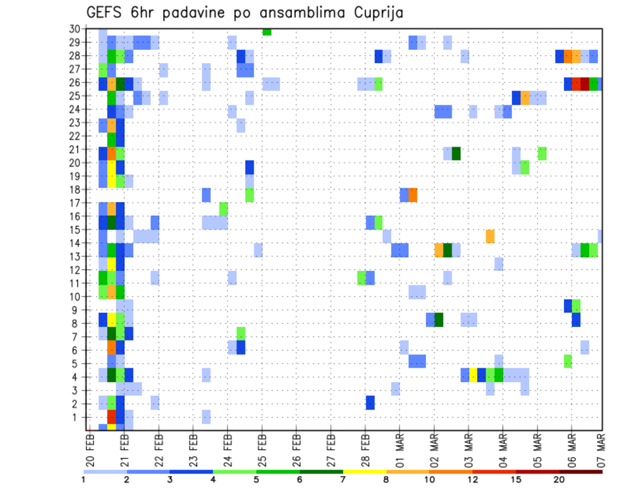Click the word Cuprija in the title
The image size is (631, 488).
point(375,12)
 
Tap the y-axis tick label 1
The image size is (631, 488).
point(76,417)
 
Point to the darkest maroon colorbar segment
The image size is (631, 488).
point(580,471)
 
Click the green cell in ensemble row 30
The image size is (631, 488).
point(267,32)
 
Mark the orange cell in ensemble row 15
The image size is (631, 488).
point(490,235)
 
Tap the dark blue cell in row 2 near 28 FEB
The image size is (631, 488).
point(370,403)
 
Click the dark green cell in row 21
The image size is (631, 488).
point(456,153)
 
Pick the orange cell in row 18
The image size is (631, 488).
point(413,195)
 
